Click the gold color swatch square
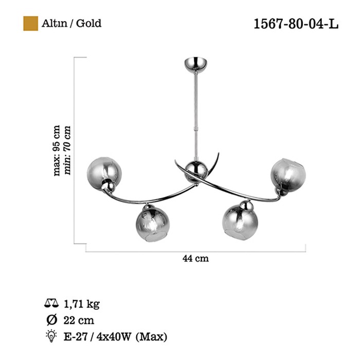point(30,23)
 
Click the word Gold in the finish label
point(88,24)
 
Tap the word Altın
point(55,24)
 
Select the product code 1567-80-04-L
point(296,24)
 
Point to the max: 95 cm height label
point(57,150)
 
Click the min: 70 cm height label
point(67,150)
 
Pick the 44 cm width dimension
point(195,259)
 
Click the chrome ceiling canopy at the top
point(195,64)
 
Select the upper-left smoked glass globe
point(104,173)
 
